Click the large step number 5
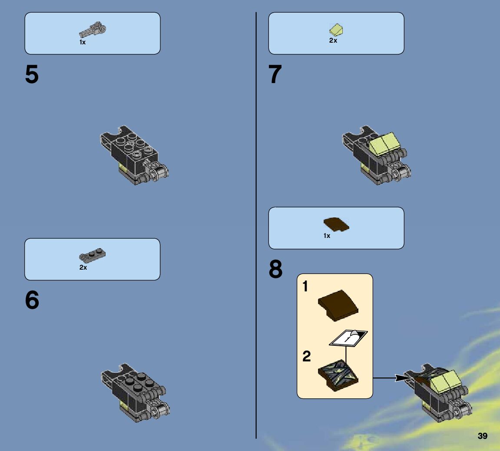pyautogui.click(x=32, y=74)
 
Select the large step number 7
pyautogui.click(x=275, y=74)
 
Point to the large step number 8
pyautogui.click(x=275, y=269)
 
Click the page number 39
pyautogui.click(x=483, y=436)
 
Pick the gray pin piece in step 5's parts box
pyautogui.click(x=93, y=30)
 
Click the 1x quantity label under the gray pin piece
pyautogui.click(x=83, y=42)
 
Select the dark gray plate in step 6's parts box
pyautogui.click(x=93, y=254)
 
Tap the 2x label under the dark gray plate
pyautogui.click(x=83, y=267)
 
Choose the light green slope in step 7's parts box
pyautogui.click(x=336, y=30)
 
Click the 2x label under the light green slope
pyautogui.click(x=333, y=40)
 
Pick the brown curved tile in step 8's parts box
pyautogui.click(x=336, y=224)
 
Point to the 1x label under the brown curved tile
pyautogui.click(x=327, y=236)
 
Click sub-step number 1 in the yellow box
pyautogui.click(x=305, y=286)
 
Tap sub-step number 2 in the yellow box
pyautogui.click(x=306, y=356)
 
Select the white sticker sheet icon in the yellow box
pyautogui.click(x=348, y=337)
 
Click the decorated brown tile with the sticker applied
pyautogui.click(x=338, y=375)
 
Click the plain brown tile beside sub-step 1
pyautogui.click(x=338, y=305)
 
